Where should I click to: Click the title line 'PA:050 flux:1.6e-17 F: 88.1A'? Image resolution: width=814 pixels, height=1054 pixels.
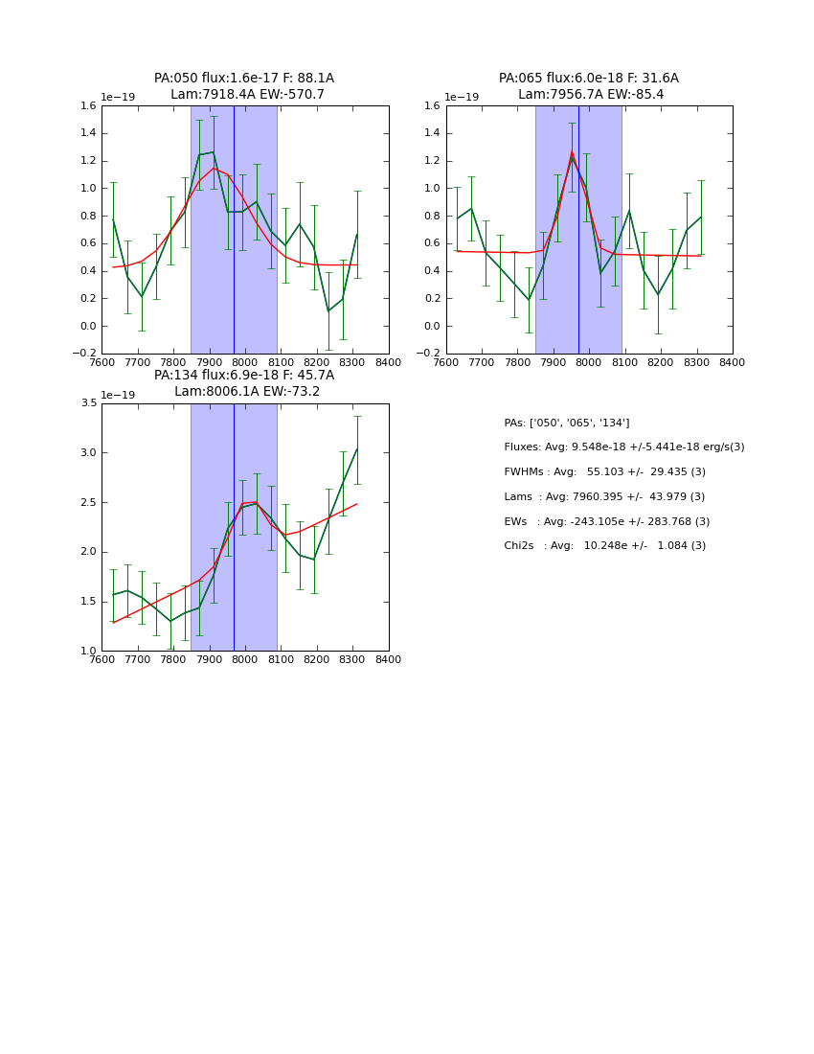click(x=244, y=79)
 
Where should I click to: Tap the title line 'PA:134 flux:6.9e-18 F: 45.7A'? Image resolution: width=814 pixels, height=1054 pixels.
click(x=244, y=376)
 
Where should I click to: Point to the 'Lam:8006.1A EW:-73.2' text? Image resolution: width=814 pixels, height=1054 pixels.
click(x=247, y=392)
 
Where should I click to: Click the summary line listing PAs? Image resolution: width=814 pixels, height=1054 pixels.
click(x=567, y=423)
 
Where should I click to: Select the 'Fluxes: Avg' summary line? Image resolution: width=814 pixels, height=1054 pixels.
click(x=623, y=447)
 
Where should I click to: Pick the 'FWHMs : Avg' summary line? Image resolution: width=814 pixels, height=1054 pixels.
click(x=604, y=472)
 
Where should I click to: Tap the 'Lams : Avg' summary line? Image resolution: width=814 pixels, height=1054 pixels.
click(x=604, y=496)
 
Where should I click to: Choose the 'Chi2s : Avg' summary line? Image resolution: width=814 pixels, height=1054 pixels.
click(x=604, y=546)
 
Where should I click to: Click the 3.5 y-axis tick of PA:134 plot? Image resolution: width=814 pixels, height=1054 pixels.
click(x=87, y=403)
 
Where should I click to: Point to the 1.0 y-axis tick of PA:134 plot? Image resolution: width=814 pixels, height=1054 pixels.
click(x=87, y=652)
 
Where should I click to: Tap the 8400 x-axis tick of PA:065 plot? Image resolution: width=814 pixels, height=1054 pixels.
click(x=733, y=363)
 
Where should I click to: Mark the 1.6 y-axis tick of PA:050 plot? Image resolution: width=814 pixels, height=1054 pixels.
click(x=87, y=106)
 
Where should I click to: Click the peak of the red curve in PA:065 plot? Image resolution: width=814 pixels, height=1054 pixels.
click(x=572, y=151)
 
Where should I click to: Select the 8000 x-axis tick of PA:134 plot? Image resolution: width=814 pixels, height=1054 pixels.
click(x=245, y=660)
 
